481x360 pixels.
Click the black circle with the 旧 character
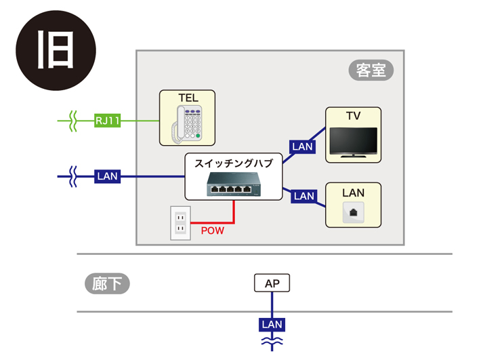pos(56,50)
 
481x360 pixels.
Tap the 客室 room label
pos(371,70)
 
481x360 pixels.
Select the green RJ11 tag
pos(108,121)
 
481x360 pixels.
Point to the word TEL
pos(188,98)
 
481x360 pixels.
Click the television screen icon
pos(353,141)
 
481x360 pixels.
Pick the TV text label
pos(353,116)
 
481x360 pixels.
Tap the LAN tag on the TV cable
pos(302,146)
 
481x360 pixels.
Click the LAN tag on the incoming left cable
pos(108,176)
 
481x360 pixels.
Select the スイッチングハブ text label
pos(233,163)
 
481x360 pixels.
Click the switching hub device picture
pos(233,184)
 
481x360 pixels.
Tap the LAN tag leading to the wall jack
pos(304,196)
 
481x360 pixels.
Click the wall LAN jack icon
pos(353,212)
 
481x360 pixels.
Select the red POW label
pos(212,231)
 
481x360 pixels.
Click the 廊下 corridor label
pos(107,283)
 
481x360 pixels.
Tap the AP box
pos(272,283)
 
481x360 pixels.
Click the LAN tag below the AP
pos(272,325)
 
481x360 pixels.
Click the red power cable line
pos(234,212)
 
